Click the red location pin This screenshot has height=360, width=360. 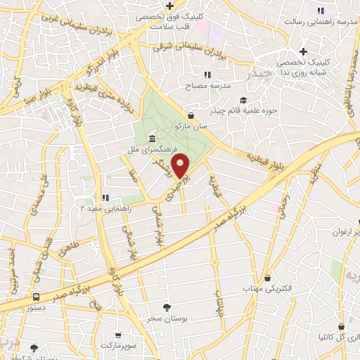coord(181,165)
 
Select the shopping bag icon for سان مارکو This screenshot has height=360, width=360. coord(191,115)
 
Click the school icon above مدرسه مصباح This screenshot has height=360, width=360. coord(207,74)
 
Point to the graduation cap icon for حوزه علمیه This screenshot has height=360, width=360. coord(244,100)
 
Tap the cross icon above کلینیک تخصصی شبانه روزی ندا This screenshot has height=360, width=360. coord(303,51)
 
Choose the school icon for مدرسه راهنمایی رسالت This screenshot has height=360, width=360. coord(321,10)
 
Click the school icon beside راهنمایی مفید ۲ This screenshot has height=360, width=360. coord(105,198)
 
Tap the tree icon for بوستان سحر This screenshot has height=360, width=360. coord(167,307)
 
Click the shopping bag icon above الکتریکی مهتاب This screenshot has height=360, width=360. coord(266,278)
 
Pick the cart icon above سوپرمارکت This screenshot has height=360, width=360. coord(118,335)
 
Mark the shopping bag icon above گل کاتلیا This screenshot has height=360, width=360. coord(341,326)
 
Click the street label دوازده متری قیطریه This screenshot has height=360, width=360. coord(105,97)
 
